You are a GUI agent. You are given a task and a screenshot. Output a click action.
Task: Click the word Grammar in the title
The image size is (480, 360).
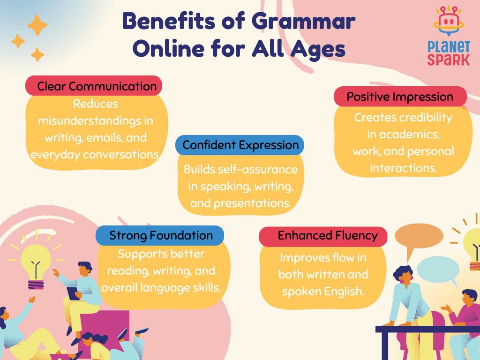click(x=303, y=22)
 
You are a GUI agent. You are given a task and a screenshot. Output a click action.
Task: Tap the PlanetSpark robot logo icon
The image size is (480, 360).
click(x=449, y=22)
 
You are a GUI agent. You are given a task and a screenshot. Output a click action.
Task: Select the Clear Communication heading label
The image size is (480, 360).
click(x=94, y=86)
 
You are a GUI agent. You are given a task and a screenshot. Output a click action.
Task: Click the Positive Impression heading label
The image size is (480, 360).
click(x=400, y=97)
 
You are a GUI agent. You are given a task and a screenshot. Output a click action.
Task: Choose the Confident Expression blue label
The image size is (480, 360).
click(x=240, y=145)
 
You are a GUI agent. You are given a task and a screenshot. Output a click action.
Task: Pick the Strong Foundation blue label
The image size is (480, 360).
click(x=160, y=235)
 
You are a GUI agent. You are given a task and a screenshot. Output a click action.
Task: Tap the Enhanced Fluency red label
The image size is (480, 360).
click(x=323, y=236)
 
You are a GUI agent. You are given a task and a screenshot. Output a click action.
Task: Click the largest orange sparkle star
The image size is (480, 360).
click(x=37, y=25)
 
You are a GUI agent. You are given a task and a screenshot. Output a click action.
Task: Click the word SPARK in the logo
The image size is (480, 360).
click(x=449, y=60)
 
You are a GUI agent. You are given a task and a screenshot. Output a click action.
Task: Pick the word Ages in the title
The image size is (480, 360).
click(x=318, y=49)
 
